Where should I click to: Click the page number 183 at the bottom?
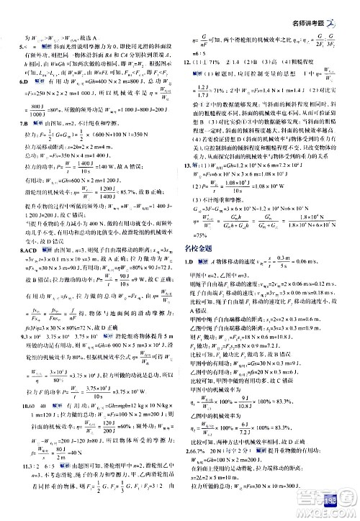[341, 507]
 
